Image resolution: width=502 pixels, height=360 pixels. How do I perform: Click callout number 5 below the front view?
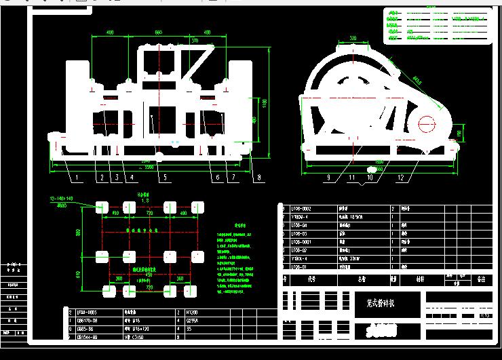(x=162, y=178)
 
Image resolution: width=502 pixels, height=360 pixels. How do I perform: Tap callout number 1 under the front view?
(x=77, y=178)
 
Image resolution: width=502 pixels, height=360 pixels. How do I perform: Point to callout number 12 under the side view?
(x=402, y=178)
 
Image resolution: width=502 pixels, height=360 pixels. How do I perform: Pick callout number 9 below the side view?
(x=329, y=178)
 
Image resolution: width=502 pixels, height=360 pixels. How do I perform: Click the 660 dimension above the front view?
(x=159, y=33)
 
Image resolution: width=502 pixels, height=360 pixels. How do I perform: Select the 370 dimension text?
(x=195, y=41)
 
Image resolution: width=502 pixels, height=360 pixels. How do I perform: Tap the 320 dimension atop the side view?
(x=353, y=38)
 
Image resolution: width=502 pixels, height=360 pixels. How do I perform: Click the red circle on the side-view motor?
(x=427, y=124)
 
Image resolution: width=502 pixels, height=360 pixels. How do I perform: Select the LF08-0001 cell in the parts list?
(x=302, y=242)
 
